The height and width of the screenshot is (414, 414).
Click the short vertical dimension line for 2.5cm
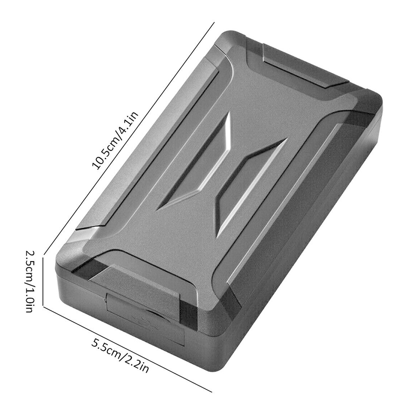click(x=43, y=280)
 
